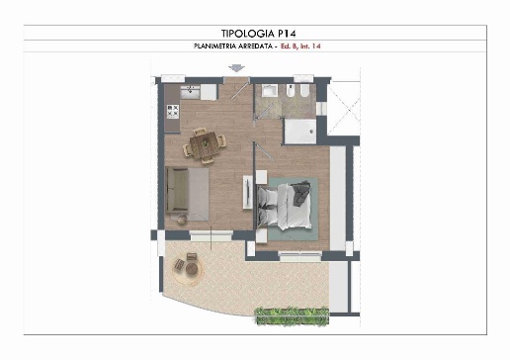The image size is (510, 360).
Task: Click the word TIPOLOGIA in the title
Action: pos(248,34)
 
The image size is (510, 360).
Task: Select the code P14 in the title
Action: pos(287,34)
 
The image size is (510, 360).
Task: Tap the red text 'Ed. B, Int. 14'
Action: pos(300,46)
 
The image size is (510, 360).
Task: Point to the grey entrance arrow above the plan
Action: pos(236,68)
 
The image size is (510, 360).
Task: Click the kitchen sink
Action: pos(190,92)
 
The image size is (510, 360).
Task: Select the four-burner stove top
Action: pos(173,112)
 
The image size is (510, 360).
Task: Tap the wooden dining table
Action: pos(205,145)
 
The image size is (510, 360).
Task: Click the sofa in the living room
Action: pos(177,190)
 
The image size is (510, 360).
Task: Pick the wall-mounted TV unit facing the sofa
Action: pos(248,192)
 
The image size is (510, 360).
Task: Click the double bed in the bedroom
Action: pos(284,206)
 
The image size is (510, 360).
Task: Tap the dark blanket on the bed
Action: pos(301,193)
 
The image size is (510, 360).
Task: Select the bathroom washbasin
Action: pos(270,90)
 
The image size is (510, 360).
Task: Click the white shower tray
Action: pos(300,132)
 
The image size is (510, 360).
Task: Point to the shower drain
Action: pos(310,132)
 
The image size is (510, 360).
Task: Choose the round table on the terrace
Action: pos(192,269)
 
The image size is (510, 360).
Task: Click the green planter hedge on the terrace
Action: pos(293,315)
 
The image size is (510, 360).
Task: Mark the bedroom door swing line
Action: pos(264,151)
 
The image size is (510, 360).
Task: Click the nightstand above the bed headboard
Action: pos(261,177)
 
